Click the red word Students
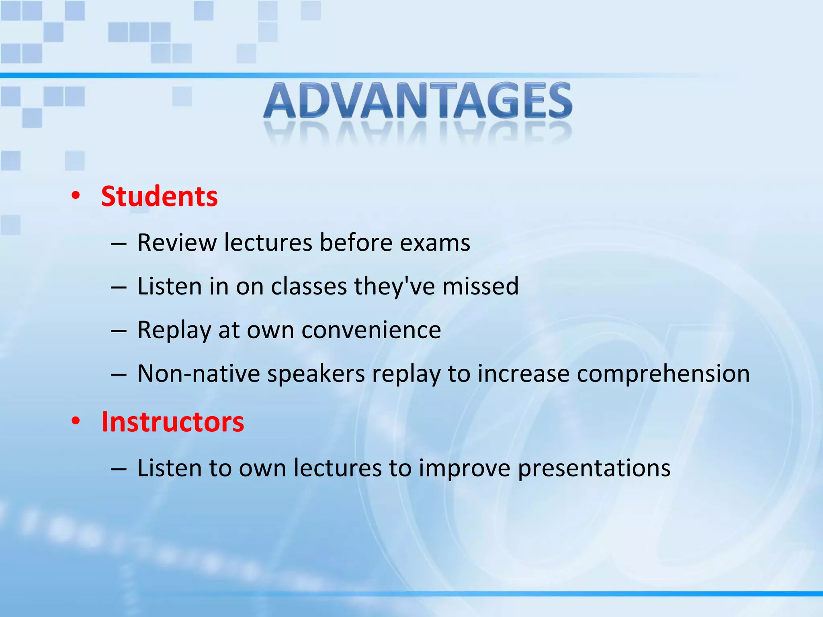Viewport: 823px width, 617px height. (x=159, y=196)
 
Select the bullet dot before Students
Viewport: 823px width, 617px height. (x=76, y=196)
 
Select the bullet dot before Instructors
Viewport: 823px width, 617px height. (x=76, y=421)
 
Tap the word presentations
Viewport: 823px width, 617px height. (x=594, y=468)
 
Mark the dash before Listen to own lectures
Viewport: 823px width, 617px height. (x=119, y=469)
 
